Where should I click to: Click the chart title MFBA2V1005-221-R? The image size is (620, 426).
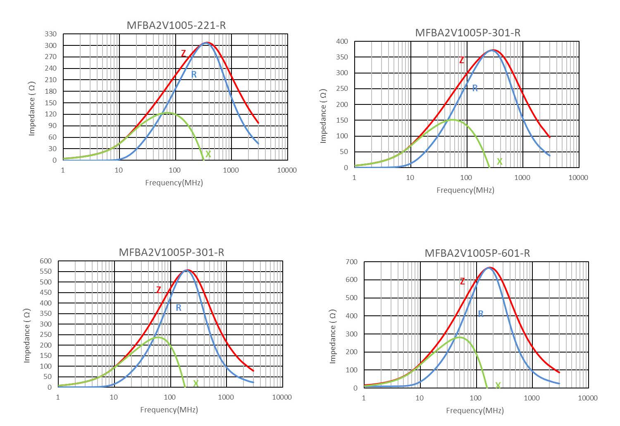(x=176, y=25)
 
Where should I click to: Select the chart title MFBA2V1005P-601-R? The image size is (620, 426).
(x=477, y=253)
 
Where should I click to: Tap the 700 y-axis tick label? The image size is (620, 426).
(x=352, y=262)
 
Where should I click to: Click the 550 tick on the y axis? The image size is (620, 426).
(x=46, y=272)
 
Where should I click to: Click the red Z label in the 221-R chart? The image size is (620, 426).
(x=184, y=53)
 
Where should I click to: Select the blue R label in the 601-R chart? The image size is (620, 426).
(x=481, y=314)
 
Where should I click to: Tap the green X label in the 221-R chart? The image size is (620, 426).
(x=208, y=154)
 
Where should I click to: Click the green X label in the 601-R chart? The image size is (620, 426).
(x=498, y=385)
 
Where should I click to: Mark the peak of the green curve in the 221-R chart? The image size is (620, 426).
(x=167, y=112)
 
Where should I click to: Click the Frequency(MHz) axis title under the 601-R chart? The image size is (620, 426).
(x=475, y=410)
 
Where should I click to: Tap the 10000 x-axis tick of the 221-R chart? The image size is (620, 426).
(x=287, y=170)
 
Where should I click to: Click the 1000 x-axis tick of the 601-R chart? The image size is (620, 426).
(x=532, y=398)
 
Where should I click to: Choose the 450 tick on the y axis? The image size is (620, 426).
(x=46, y=293)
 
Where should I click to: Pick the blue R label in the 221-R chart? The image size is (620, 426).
(x=193, y=75)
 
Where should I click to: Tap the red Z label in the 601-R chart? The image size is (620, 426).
(x=462, y=282)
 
